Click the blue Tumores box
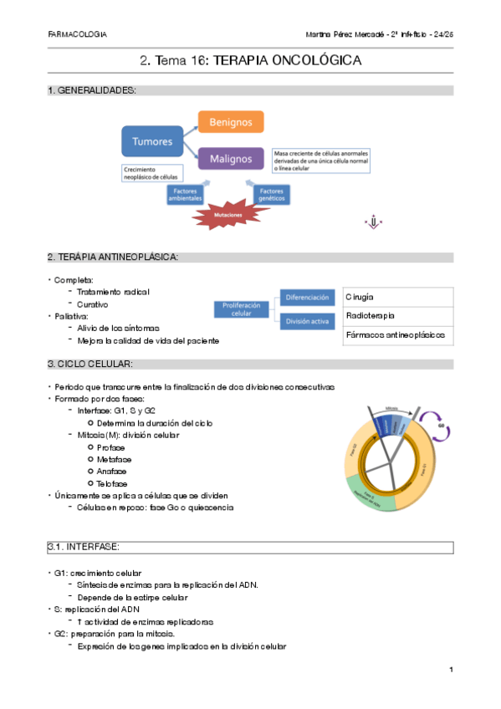click(x=153, y=141)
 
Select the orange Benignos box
click(x=230, y=122)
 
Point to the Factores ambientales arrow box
click(x=184, y=194)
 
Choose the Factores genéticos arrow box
click(x=272, y=194)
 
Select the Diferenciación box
click(x=308, y=298)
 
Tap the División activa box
click(x=308, y=321)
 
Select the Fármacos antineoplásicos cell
click(x=397, y=335)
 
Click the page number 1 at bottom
click(x=450, y=670)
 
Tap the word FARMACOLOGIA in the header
click(x=78, y=35)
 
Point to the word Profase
click(x=111, y=447)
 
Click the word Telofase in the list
click(x=113, y=483)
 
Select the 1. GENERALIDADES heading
click(x=92, y=90)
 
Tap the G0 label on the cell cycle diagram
click(x=441, y=425)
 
